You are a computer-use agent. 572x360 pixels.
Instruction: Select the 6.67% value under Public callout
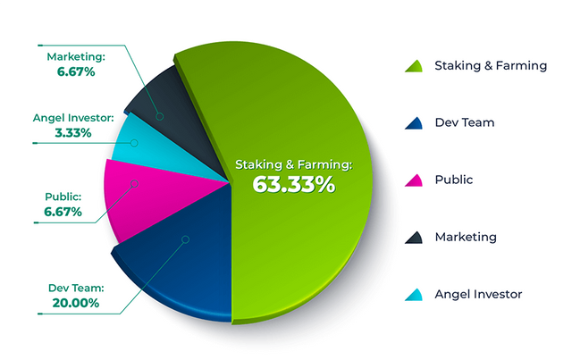click(63, 212)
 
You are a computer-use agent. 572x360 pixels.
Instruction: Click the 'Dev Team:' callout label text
click(76, 288)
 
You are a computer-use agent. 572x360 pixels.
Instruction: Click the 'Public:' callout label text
click(63, 197)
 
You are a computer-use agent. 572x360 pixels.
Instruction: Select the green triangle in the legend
click(413, 65)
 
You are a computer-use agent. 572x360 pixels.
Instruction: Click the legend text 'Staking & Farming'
click(490, 65)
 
